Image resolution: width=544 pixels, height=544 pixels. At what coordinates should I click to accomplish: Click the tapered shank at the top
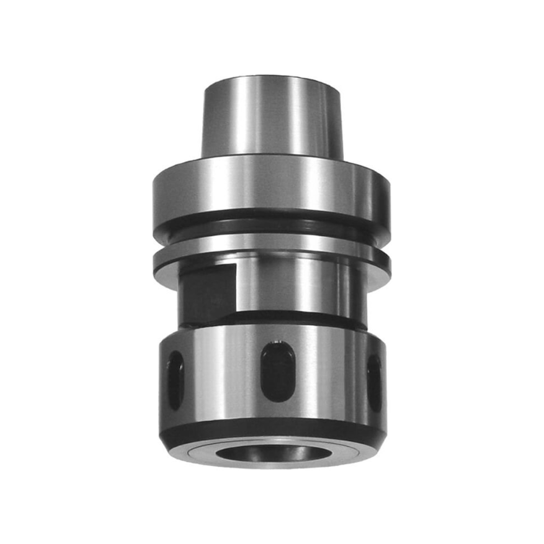272,117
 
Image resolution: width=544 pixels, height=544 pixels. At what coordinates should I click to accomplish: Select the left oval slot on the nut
175,380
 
